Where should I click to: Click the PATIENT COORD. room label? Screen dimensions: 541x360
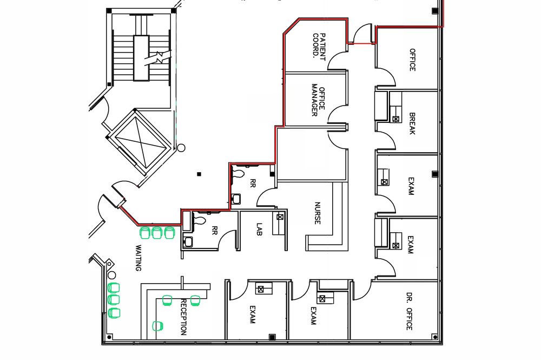coord(319,47)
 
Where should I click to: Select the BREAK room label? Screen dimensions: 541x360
coord(412,123)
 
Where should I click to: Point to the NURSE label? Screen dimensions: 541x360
coord(318,213)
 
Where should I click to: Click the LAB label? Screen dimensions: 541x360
coord(260,229)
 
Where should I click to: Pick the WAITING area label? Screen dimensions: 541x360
coord(138,258)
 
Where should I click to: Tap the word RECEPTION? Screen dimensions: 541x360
coord(183,317)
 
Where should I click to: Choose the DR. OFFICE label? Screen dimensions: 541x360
coord(410,311)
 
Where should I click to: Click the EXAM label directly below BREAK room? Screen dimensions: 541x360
coord(411,186)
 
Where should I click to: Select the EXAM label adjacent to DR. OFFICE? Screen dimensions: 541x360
coord(313,316)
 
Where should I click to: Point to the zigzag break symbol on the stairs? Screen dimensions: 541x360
coord(159,57)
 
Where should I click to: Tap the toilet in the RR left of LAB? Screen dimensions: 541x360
coord(200,220)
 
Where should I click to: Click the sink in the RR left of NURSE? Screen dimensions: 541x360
coord(236,199)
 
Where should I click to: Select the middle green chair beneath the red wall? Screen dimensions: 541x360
coord(157,233)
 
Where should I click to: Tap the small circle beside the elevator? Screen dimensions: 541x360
coord(181,148)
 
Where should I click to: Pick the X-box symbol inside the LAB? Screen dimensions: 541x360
coord(280,217)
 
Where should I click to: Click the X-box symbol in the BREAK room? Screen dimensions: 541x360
coord(396,119)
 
